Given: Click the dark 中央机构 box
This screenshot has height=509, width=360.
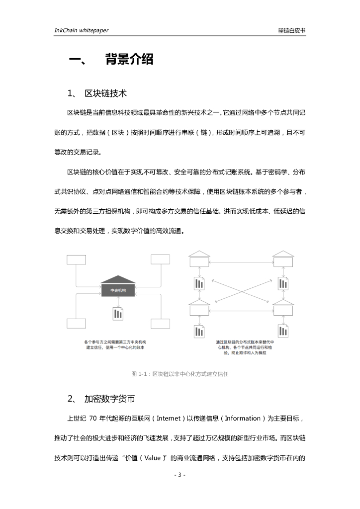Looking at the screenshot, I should pyautogui.click(x=117, y=290).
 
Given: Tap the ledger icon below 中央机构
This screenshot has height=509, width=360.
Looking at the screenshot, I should pyautogui.click(x=118, y=313).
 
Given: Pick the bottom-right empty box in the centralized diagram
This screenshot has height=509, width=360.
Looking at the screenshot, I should pyautogui.click(x=160, y=324).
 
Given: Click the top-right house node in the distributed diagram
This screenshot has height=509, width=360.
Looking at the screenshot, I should pyautogui.click(x=283, y=259).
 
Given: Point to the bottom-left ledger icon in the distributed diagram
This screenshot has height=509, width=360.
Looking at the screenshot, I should pyautogui.click(x=199, y=332).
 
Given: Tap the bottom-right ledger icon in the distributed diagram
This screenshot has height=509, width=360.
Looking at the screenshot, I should pyautogui.click(x=283, y=332).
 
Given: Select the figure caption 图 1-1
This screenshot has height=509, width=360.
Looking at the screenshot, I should pyautogui.click(x=180, y=374).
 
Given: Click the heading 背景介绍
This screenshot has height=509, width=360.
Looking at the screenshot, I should pyautogui.click(x=129, y=60).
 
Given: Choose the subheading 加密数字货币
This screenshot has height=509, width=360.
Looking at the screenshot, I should pyautogui.click(x=110, y=399).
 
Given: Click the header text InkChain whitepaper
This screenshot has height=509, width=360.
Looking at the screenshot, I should pyautogui.click(x=81, y=30).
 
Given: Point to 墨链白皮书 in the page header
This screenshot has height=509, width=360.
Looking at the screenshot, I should pyautogui.click(x=292, y=30).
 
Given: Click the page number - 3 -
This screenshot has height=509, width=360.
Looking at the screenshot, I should pyautogui.click(x=180, y=475).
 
